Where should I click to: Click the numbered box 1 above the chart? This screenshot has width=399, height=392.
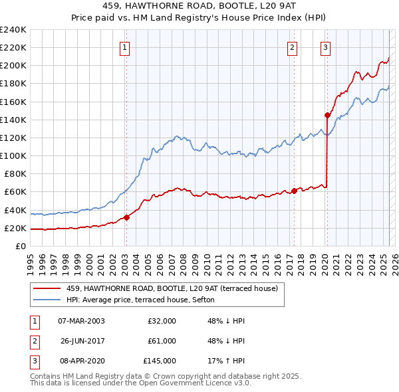[x=126, y=47]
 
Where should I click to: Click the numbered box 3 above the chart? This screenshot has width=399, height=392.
[x=326, y=47]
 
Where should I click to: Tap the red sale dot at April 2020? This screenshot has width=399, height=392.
[x=327, y=115]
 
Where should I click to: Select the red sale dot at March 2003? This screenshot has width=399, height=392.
[x=126, y=217]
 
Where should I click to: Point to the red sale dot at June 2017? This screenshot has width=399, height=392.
[x=295, y=191]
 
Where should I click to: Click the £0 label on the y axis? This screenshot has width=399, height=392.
[x=21, y=246]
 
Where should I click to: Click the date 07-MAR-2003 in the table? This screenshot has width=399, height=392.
[x=81, y=321]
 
